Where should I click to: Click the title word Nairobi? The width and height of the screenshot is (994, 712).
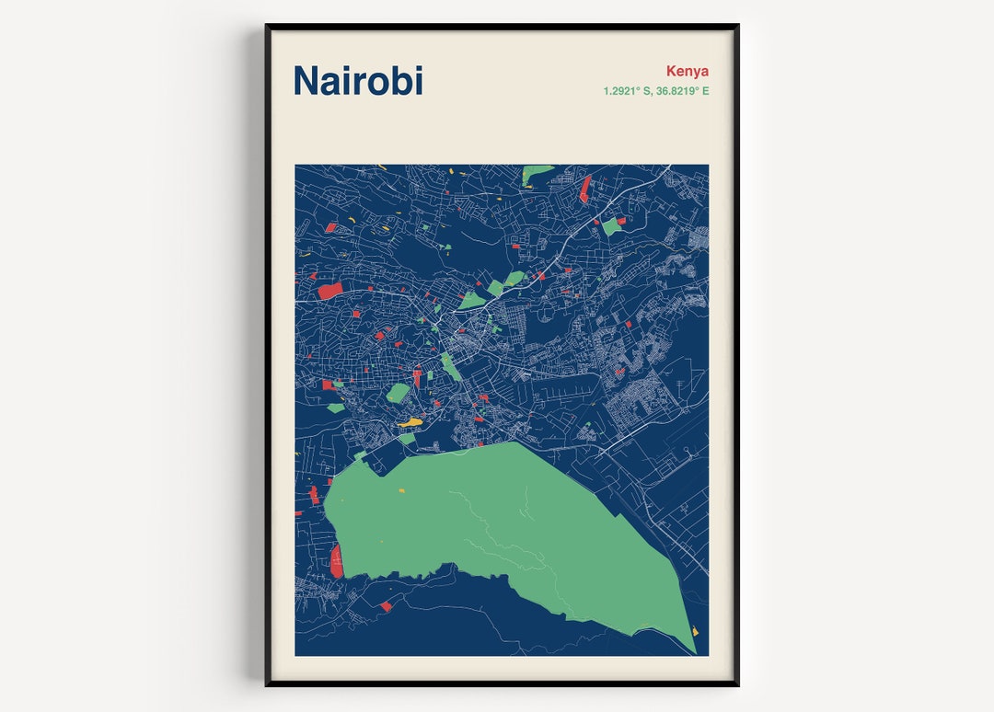coord(358,81)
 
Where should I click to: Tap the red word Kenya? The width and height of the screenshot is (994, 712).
coord(688,71)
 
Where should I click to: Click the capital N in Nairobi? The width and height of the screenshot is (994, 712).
coord(306,81)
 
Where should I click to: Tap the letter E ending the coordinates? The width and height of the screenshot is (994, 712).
coord(706,91)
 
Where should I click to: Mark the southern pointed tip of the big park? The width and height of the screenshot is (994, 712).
coord(695,652)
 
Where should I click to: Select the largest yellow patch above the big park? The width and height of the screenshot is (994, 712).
coord(410,422)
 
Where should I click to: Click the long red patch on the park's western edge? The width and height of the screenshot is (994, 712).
coord(337,560)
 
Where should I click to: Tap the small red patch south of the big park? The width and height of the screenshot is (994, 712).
coord(386,606)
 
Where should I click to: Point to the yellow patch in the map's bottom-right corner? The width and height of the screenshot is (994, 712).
coord(694,631)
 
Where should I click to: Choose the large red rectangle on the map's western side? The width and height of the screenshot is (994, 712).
coord(329,291)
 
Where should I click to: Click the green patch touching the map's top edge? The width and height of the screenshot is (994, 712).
coord(535,173)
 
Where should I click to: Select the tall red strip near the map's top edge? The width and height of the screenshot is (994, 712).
coord(585,189)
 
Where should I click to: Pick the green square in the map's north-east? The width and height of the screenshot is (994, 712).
coord(611,225)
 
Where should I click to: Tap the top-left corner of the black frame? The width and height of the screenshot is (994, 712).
coord(267,26)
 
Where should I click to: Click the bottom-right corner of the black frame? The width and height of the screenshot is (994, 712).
coord(737,684)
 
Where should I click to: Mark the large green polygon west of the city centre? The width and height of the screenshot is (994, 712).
coord(398,393)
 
